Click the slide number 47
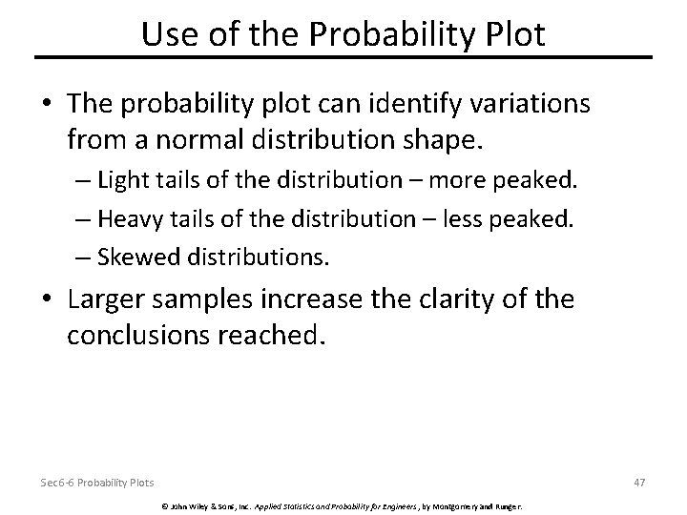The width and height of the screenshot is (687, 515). tap(639, 482)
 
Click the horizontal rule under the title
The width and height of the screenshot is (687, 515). tap(343, 57)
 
